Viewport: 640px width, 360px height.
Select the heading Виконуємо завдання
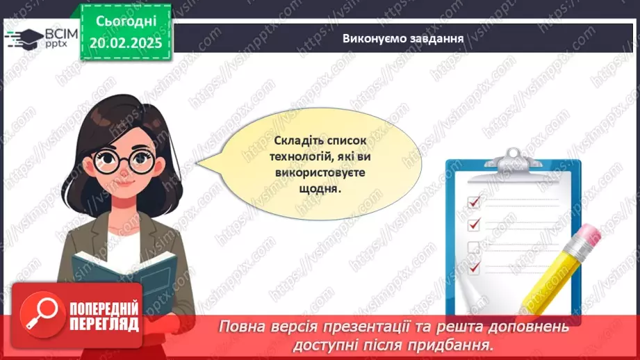pyautogui.click(x=403, y=38)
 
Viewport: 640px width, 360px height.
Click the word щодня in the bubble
pyautogui.click(x=322, y=188)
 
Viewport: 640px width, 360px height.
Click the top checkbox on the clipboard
pyautogui.click(x=475, y=201)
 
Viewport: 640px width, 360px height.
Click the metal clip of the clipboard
pyautogui.click(x=513, y=159)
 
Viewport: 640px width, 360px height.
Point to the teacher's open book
pyautogui.click(x=125, y=275)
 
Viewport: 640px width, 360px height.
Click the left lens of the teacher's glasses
pyautogui.click(x=108, y=163)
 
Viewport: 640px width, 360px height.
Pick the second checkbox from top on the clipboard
pyautogui.click(x=475, y=224)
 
